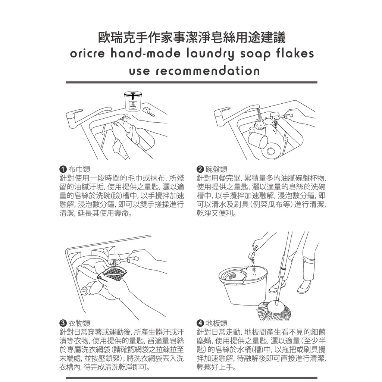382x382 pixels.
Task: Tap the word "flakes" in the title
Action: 295,53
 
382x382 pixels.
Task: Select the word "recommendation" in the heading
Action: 207,71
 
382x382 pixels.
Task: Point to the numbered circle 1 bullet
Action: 63,169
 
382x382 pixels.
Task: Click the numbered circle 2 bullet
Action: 200,169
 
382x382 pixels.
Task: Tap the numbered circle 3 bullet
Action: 63,323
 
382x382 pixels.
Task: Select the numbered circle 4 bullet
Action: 200,323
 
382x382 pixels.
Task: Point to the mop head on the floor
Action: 273,311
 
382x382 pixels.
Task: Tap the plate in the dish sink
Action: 271,151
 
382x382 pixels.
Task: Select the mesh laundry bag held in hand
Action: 112,275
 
